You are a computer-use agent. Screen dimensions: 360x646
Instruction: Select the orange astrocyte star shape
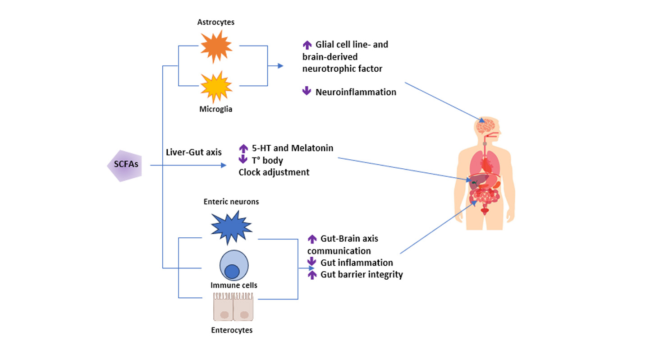coord(216,46)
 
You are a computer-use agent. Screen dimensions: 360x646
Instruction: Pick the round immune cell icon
coord(234,266)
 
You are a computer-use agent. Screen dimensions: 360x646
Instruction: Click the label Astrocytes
coord(215,22)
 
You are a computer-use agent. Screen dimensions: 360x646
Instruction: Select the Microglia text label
coord(216,109)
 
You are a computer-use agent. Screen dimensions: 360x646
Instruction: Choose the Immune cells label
coord(234,285)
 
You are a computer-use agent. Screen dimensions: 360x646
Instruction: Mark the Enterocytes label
coord(232,330)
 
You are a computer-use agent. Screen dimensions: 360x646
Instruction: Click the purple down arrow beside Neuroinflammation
coord(307,92)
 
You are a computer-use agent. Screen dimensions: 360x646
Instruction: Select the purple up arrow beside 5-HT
coord(243,148)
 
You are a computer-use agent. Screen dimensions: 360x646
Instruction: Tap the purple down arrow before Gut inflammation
coord(312,262)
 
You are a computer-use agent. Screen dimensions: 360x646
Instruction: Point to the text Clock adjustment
coord(274,172)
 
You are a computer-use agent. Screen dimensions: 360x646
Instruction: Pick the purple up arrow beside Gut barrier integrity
coord(312,274)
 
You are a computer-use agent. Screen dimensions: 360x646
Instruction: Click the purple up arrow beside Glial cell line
coord(307,45)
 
